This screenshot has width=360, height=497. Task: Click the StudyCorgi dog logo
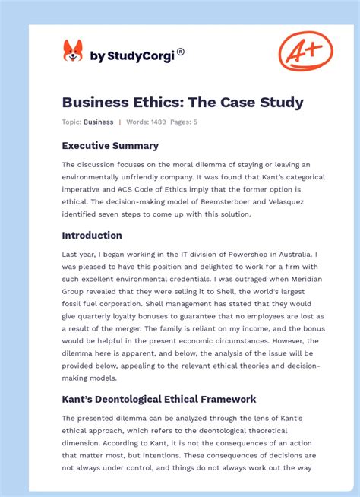[72, 52]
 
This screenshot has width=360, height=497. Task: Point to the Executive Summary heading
[110, 145]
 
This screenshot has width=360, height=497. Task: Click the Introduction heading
[92, 236]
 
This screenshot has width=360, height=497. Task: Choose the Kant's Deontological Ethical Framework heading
[159, 399]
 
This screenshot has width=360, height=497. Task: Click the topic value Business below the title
[99, 122]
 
